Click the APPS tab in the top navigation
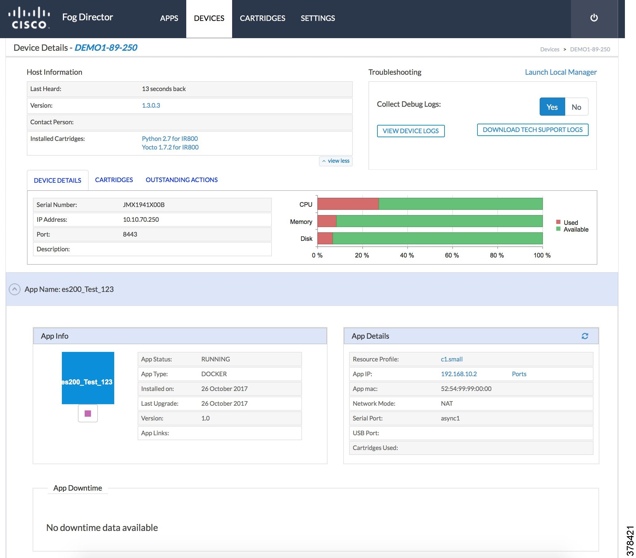[x=169, y=18]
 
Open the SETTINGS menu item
[x=317, y=18]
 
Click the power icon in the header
[x=594, y=18]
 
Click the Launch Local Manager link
[x=560, y=72]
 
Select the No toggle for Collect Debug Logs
[x=576, y=107]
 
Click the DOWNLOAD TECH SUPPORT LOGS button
[x=532, y=130]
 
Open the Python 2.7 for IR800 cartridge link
[x=170, y=139]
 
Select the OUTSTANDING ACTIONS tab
[x=181, y=180]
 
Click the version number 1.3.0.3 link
[x=151, y=106]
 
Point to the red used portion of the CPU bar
[x=348, y=204]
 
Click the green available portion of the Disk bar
[x=437, y=238]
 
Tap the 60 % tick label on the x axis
[x=452, y=256]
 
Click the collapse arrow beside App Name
[x=15, y=289]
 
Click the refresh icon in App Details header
[x=585, y=336]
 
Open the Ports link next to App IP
[x=519, y=374]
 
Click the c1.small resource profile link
[x=452, y=359]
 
